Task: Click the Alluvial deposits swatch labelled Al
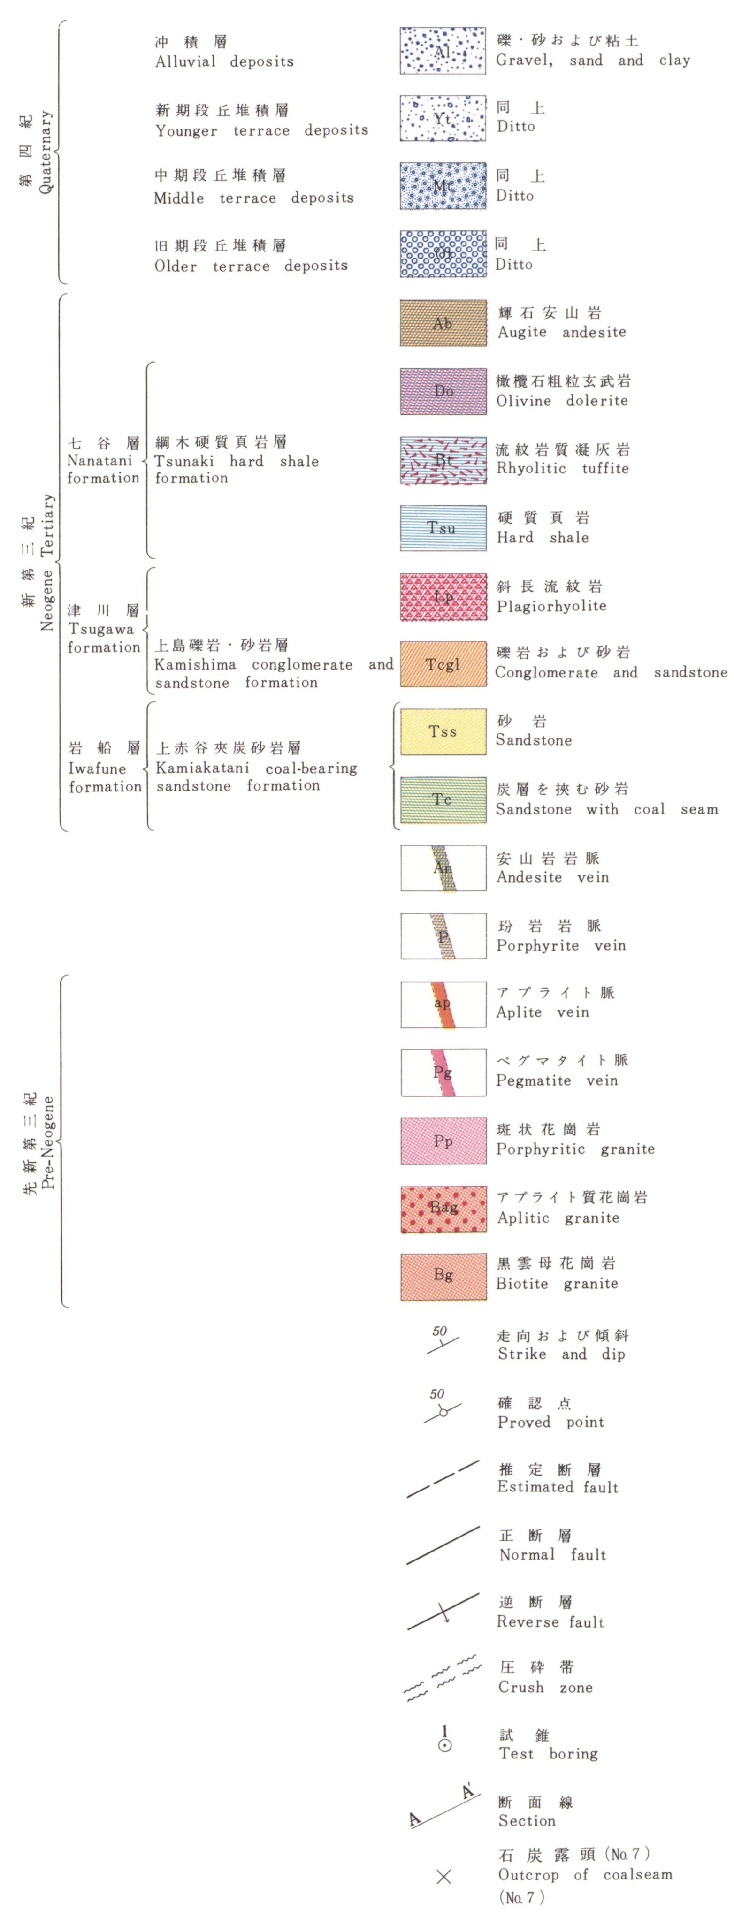443,51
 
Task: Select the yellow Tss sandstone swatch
443,731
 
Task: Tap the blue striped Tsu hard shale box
443,528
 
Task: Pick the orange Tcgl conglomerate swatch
443,663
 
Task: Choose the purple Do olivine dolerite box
443,391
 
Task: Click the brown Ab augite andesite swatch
443,323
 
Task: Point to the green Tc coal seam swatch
443,799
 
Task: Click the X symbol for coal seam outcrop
444,1876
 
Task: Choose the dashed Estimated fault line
443,1479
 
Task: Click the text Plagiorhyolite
551,606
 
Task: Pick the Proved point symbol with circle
443,1412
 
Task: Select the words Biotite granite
558,1284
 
